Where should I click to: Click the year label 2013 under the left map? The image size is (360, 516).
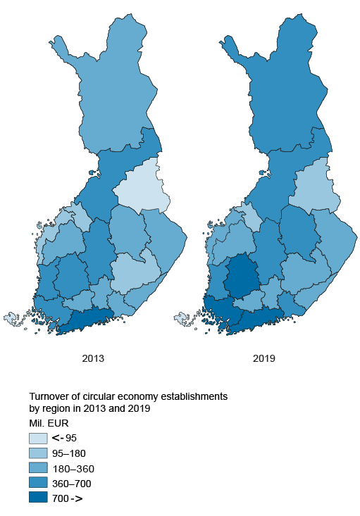tap(93, 358)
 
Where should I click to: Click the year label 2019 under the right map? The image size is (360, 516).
tap(263, 358)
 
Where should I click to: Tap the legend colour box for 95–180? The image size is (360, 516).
tap(38, 453)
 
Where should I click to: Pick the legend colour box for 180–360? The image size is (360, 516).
tap(38, 468)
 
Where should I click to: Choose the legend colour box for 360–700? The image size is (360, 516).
tap(38, 483)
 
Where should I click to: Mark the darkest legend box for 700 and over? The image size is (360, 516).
tap(38, 498)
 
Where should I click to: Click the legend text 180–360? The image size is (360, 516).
tap(73, 468)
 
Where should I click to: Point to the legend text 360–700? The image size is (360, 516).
tap(73, 483)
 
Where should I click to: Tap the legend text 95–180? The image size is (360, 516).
tap(70, 453)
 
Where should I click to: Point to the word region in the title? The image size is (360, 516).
tap(58, 409)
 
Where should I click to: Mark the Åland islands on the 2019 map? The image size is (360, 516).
tap(182, 319)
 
